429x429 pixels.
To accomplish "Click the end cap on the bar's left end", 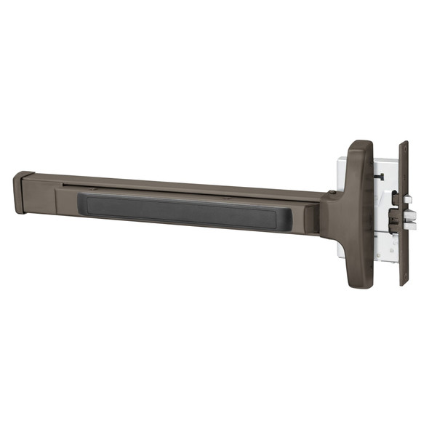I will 23,193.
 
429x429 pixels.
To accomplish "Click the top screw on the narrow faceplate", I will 404,148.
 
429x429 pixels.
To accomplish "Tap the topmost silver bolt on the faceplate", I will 409,199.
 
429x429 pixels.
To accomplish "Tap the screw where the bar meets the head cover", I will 332,193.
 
